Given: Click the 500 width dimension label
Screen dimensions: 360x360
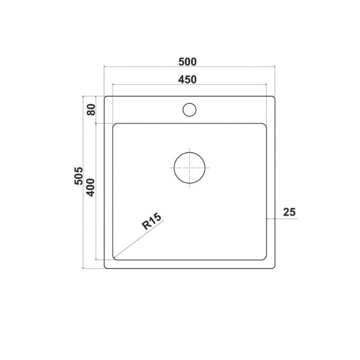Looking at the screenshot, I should [x=188, y=62].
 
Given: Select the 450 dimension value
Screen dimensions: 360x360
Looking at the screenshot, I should [x=188, y=80].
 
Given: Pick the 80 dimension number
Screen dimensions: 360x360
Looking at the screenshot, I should [x=91, y=110].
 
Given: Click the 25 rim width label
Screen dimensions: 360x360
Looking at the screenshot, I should [x=289, y=212].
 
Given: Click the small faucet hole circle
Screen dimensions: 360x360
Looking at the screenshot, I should [x=189, y=110].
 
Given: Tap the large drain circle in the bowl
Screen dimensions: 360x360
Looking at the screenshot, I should [x=189, y=168].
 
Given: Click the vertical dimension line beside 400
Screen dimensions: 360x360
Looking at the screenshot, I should [x=96, y=226].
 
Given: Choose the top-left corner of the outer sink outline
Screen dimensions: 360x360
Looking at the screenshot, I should [x=105, y=97].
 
